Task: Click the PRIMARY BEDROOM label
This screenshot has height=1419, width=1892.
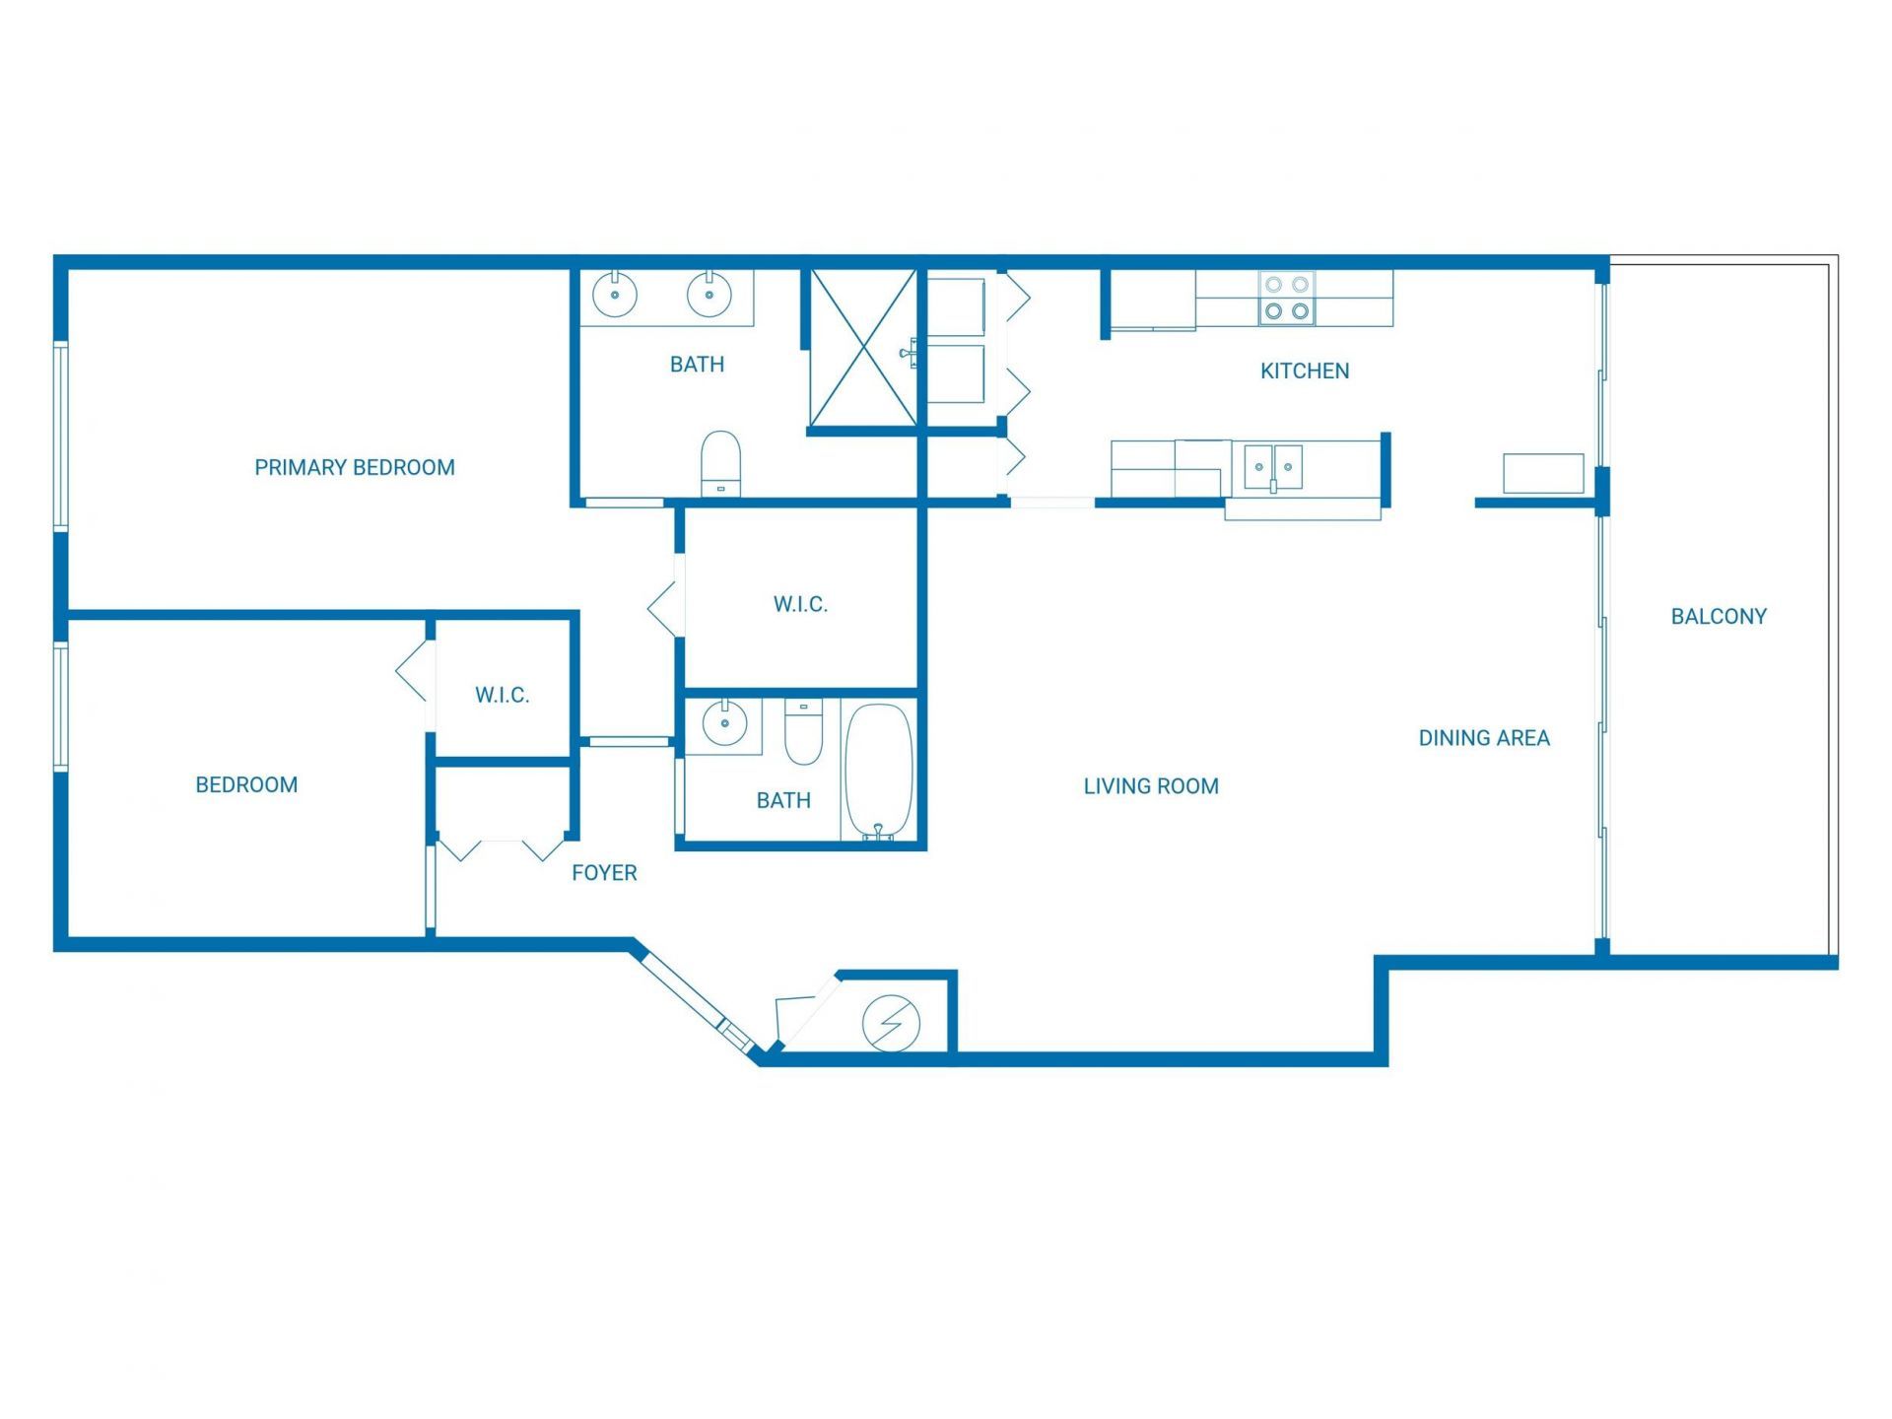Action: (355, 467)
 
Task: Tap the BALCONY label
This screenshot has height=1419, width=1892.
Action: (1719, 616)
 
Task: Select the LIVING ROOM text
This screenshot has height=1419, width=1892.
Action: (1151, 785)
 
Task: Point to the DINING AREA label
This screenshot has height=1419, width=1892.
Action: (1484, 737)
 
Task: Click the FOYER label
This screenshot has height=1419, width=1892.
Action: (604, 872)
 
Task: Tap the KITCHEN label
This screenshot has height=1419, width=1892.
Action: (1305, 371)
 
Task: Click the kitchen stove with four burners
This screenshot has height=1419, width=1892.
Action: (1287, 298)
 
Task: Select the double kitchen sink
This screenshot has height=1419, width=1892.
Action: (1273, 467)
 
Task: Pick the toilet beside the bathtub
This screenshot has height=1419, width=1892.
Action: (803, 732)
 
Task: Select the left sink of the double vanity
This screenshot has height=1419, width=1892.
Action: (615, 294)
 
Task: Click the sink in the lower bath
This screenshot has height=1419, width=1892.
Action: (724, 724)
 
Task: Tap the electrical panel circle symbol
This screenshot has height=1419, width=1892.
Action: (891, 1024)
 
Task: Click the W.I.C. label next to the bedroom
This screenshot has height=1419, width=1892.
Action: (503, 695)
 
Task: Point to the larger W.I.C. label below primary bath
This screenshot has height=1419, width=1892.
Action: (800, 604)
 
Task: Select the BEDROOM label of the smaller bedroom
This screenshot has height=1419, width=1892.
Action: (246, 784)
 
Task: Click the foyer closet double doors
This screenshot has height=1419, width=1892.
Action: (503, 847)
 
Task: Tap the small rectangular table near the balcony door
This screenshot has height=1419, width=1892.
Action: (1543, 473)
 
